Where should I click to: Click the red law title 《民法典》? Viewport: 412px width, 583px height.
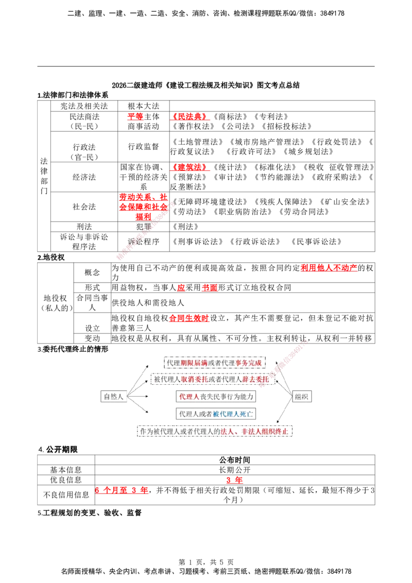pos(190,117)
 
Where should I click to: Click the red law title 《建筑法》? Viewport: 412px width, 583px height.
pos(190,167)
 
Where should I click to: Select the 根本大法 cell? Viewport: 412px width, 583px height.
pos(144,106)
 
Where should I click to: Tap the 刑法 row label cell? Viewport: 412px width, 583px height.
pos(84,227)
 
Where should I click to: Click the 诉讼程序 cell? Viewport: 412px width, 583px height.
pos(144,242)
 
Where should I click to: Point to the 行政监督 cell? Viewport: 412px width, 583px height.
pos(144,146)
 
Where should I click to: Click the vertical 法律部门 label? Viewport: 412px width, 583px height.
pos(44,176)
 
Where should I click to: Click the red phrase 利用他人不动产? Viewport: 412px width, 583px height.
pos(329,268)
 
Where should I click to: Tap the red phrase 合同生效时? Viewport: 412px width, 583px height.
pos(189,318)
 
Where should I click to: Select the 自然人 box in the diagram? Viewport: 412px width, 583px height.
pos(113,397)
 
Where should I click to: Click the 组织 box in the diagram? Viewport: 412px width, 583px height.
pos(302,397)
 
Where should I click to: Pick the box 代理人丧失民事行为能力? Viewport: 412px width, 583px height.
pos(216,397)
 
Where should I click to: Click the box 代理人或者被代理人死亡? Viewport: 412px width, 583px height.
pos(216,414)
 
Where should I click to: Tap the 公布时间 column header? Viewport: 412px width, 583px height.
pos(235,460)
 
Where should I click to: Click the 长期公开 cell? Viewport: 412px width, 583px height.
pos(235,470)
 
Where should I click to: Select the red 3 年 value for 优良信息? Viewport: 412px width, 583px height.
pos(235,480)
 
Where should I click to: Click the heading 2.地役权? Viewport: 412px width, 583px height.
pos(51,258)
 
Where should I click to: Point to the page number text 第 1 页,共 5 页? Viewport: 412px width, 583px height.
pos(205,562)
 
